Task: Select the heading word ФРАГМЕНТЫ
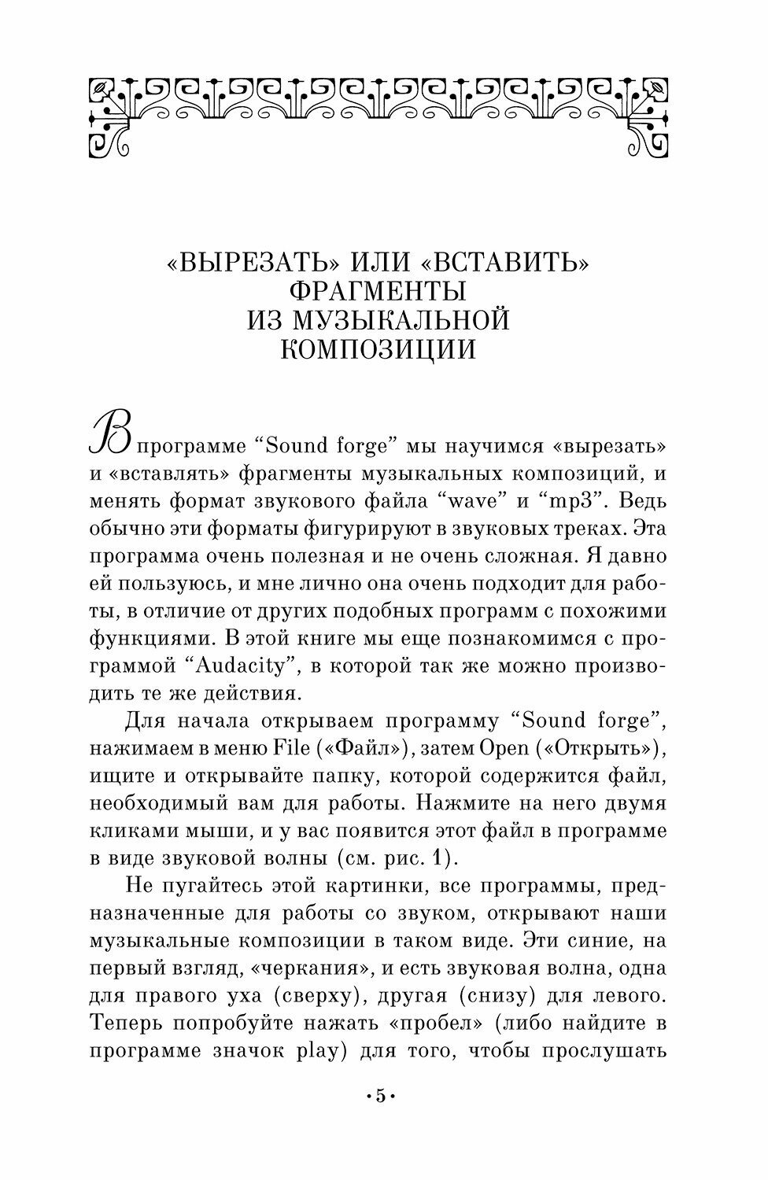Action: click(378, 292)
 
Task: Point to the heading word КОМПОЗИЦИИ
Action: click(378, 348)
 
